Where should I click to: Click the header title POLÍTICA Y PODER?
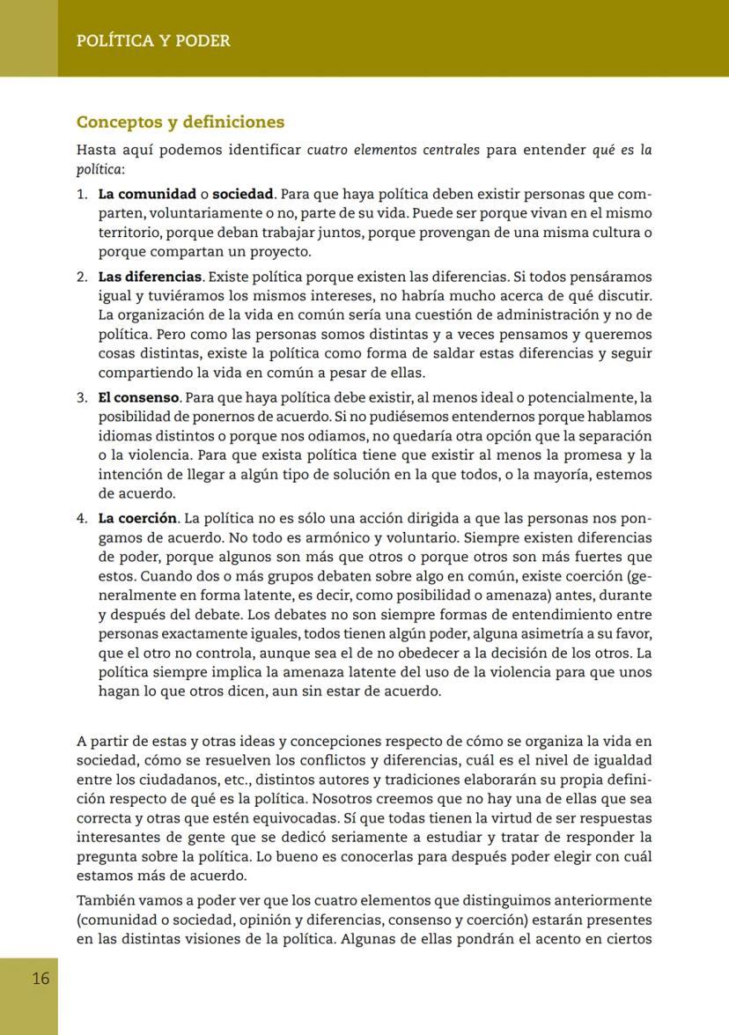pyautogui.click(x=153, y=41)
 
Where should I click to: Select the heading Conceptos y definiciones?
pyautogui.click(x=180, y=122)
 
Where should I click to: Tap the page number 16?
pyautogui.click(x=40, y=979)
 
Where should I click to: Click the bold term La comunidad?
pyautogui.click(x=147, y=194)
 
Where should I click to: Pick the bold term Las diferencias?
pyautogui.click(x=151, y=277)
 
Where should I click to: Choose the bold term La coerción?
pyautogui.click(x=137, y=518)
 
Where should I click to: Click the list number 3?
pyautogui.click(x=81, y=397)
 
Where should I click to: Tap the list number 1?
pyautogui.click(x=81, y=194)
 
